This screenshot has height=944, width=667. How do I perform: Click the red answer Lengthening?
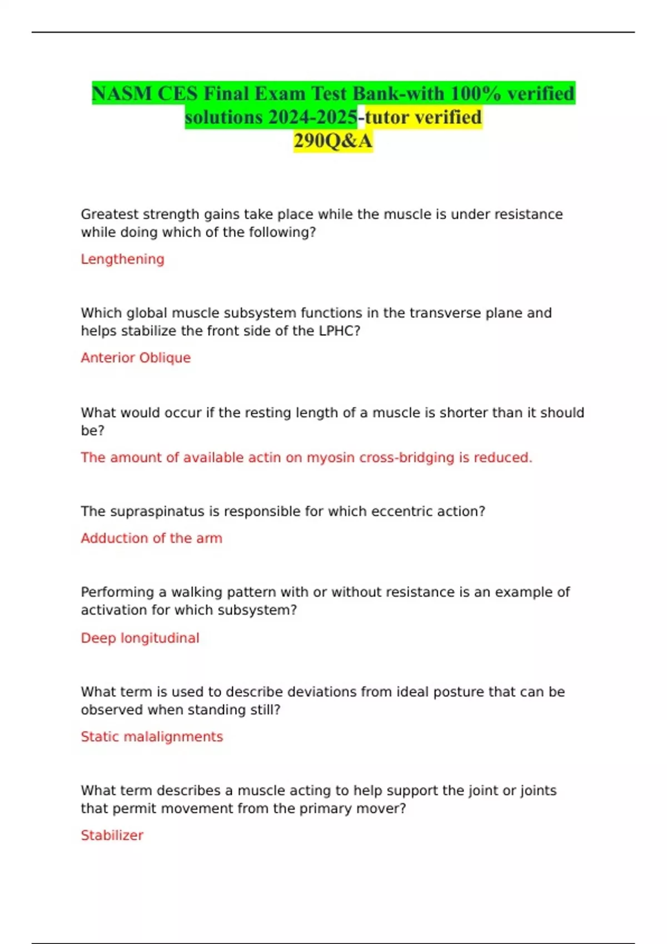(122, 259)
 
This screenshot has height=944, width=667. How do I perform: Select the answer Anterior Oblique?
(136, 358)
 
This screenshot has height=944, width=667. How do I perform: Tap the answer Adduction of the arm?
(151, 538)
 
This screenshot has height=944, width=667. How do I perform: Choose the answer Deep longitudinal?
(140, 638)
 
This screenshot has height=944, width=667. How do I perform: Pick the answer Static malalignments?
(152, 737)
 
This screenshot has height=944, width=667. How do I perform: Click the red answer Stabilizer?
(112, 835)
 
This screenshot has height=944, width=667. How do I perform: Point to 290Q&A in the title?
(333, 141)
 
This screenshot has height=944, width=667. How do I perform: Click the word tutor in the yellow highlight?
(387, 117)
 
